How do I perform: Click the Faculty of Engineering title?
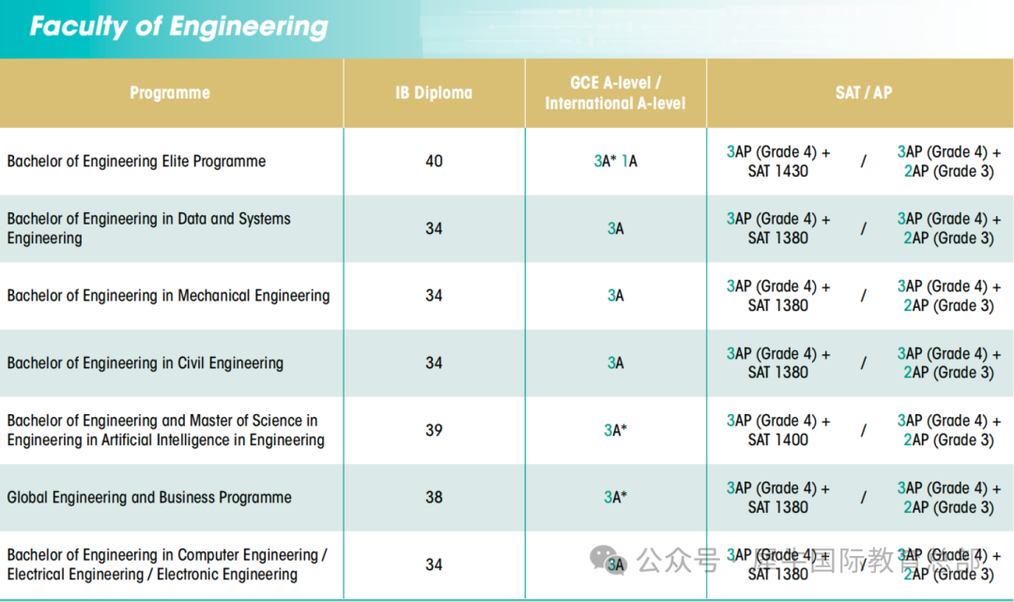click(x=178, y=26)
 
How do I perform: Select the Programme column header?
click(x=170, y=92)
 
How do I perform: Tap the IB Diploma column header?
click(x=434, y=92)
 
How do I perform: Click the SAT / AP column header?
click(x=863, y=92)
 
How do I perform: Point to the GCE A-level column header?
click(x=615, y=92)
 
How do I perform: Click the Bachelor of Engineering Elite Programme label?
click(x=136, y=162)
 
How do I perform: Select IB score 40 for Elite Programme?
click(x=434, y=162)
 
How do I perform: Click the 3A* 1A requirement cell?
click(x=615, y=162)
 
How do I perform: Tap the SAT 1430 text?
click(x=777, y=171)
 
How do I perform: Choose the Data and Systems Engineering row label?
click(x=148, y=228)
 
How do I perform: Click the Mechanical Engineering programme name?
click(x=168, y=296)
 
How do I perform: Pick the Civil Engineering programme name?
click(x=145, y=363)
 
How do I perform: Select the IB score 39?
click(x=434, y=430)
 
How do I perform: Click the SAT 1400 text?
click(x=777, y=440)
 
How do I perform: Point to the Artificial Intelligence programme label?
click(x=165, y=430)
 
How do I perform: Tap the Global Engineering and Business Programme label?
click(x=149, y=498)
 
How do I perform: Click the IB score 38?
click(x=434, y=498)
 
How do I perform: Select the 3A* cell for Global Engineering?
click(x=615, y=498)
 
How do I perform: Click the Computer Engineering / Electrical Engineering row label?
click(x=166, y=564)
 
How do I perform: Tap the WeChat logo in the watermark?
click(x=607, y=561)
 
